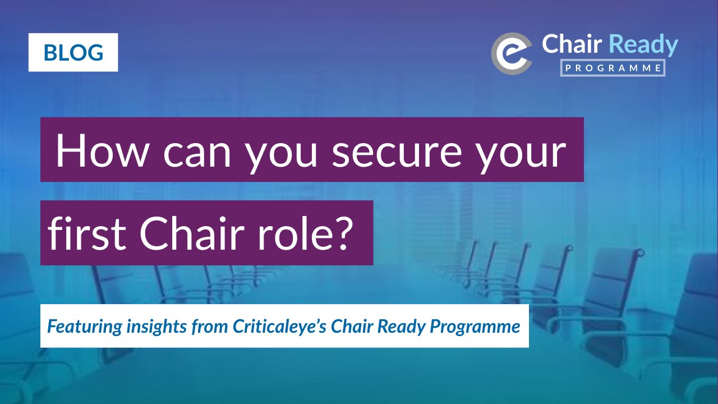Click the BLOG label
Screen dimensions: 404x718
click(73, 53)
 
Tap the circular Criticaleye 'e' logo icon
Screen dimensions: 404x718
click(511, 53)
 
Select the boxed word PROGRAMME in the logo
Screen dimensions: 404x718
click(613, 68)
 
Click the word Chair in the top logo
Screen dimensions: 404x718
click(572, 44)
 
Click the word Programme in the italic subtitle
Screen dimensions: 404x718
click(475, 327)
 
